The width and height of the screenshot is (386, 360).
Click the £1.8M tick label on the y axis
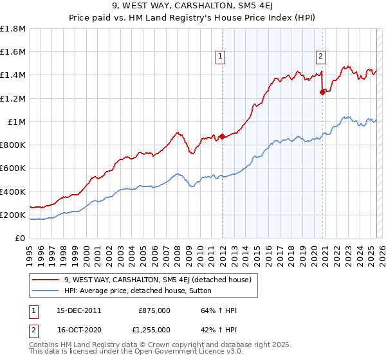tap(13, 29)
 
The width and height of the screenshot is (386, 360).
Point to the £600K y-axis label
tap(13, 168)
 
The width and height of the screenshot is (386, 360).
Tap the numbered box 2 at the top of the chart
tap(320, 56)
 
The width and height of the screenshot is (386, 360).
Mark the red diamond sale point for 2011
tap(222, 136)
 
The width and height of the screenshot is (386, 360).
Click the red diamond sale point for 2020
tap(322, 92)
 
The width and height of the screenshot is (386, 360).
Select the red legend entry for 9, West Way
tap(161, 280)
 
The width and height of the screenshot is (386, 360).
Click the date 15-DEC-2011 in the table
tap(79, 310)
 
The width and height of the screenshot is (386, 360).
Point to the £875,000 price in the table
tap(154, 310)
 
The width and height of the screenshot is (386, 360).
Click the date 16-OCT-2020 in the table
tap(79, 329)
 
